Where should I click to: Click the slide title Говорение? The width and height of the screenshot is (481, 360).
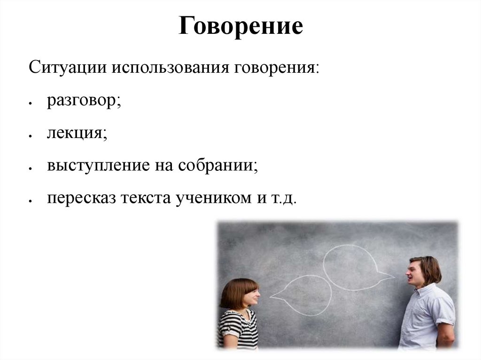[x=240, y=27]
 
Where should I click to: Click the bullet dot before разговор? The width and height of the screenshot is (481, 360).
[x=30, y=103]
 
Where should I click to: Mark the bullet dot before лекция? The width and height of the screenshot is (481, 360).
[x=30, y=136]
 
